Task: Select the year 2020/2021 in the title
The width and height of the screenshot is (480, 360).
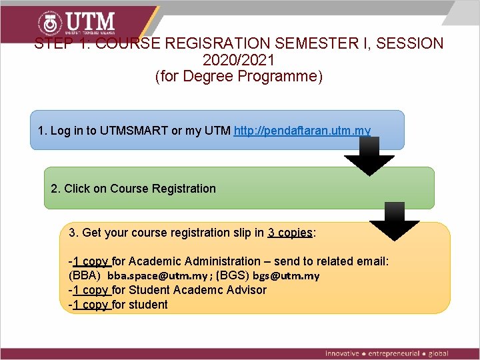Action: tap(238, 60)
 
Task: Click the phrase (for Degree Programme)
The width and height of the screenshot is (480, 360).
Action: tap(238, 76)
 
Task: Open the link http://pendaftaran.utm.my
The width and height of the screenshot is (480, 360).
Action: tap(302, 130)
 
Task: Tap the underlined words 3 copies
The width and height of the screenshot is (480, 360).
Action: tap(290, 233)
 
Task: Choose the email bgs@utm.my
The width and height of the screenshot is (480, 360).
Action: tap(286, 275)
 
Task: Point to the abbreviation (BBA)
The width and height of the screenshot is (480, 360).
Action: tap(85, 275)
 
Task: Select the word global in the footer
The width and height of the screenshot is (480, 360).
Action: tap(439, 353)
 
